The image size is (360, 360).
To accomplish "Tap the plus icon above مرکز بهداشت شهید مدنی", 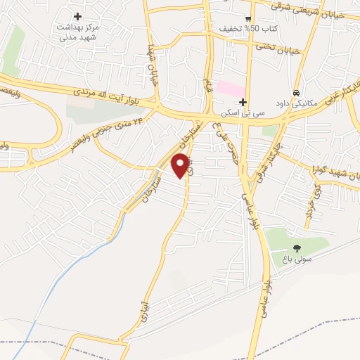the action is coord(77,16).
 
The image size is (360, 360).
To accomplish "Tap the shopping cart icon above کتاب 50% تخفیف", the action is coord(247,19).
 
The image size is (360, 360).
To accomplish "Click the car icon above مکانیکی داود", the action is coord(297,93).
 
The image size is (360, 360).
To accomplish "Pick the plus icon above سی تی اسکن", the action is coord(243,103).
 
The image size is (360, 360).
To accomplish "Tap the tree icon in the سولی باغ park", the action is coord(297,247).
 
